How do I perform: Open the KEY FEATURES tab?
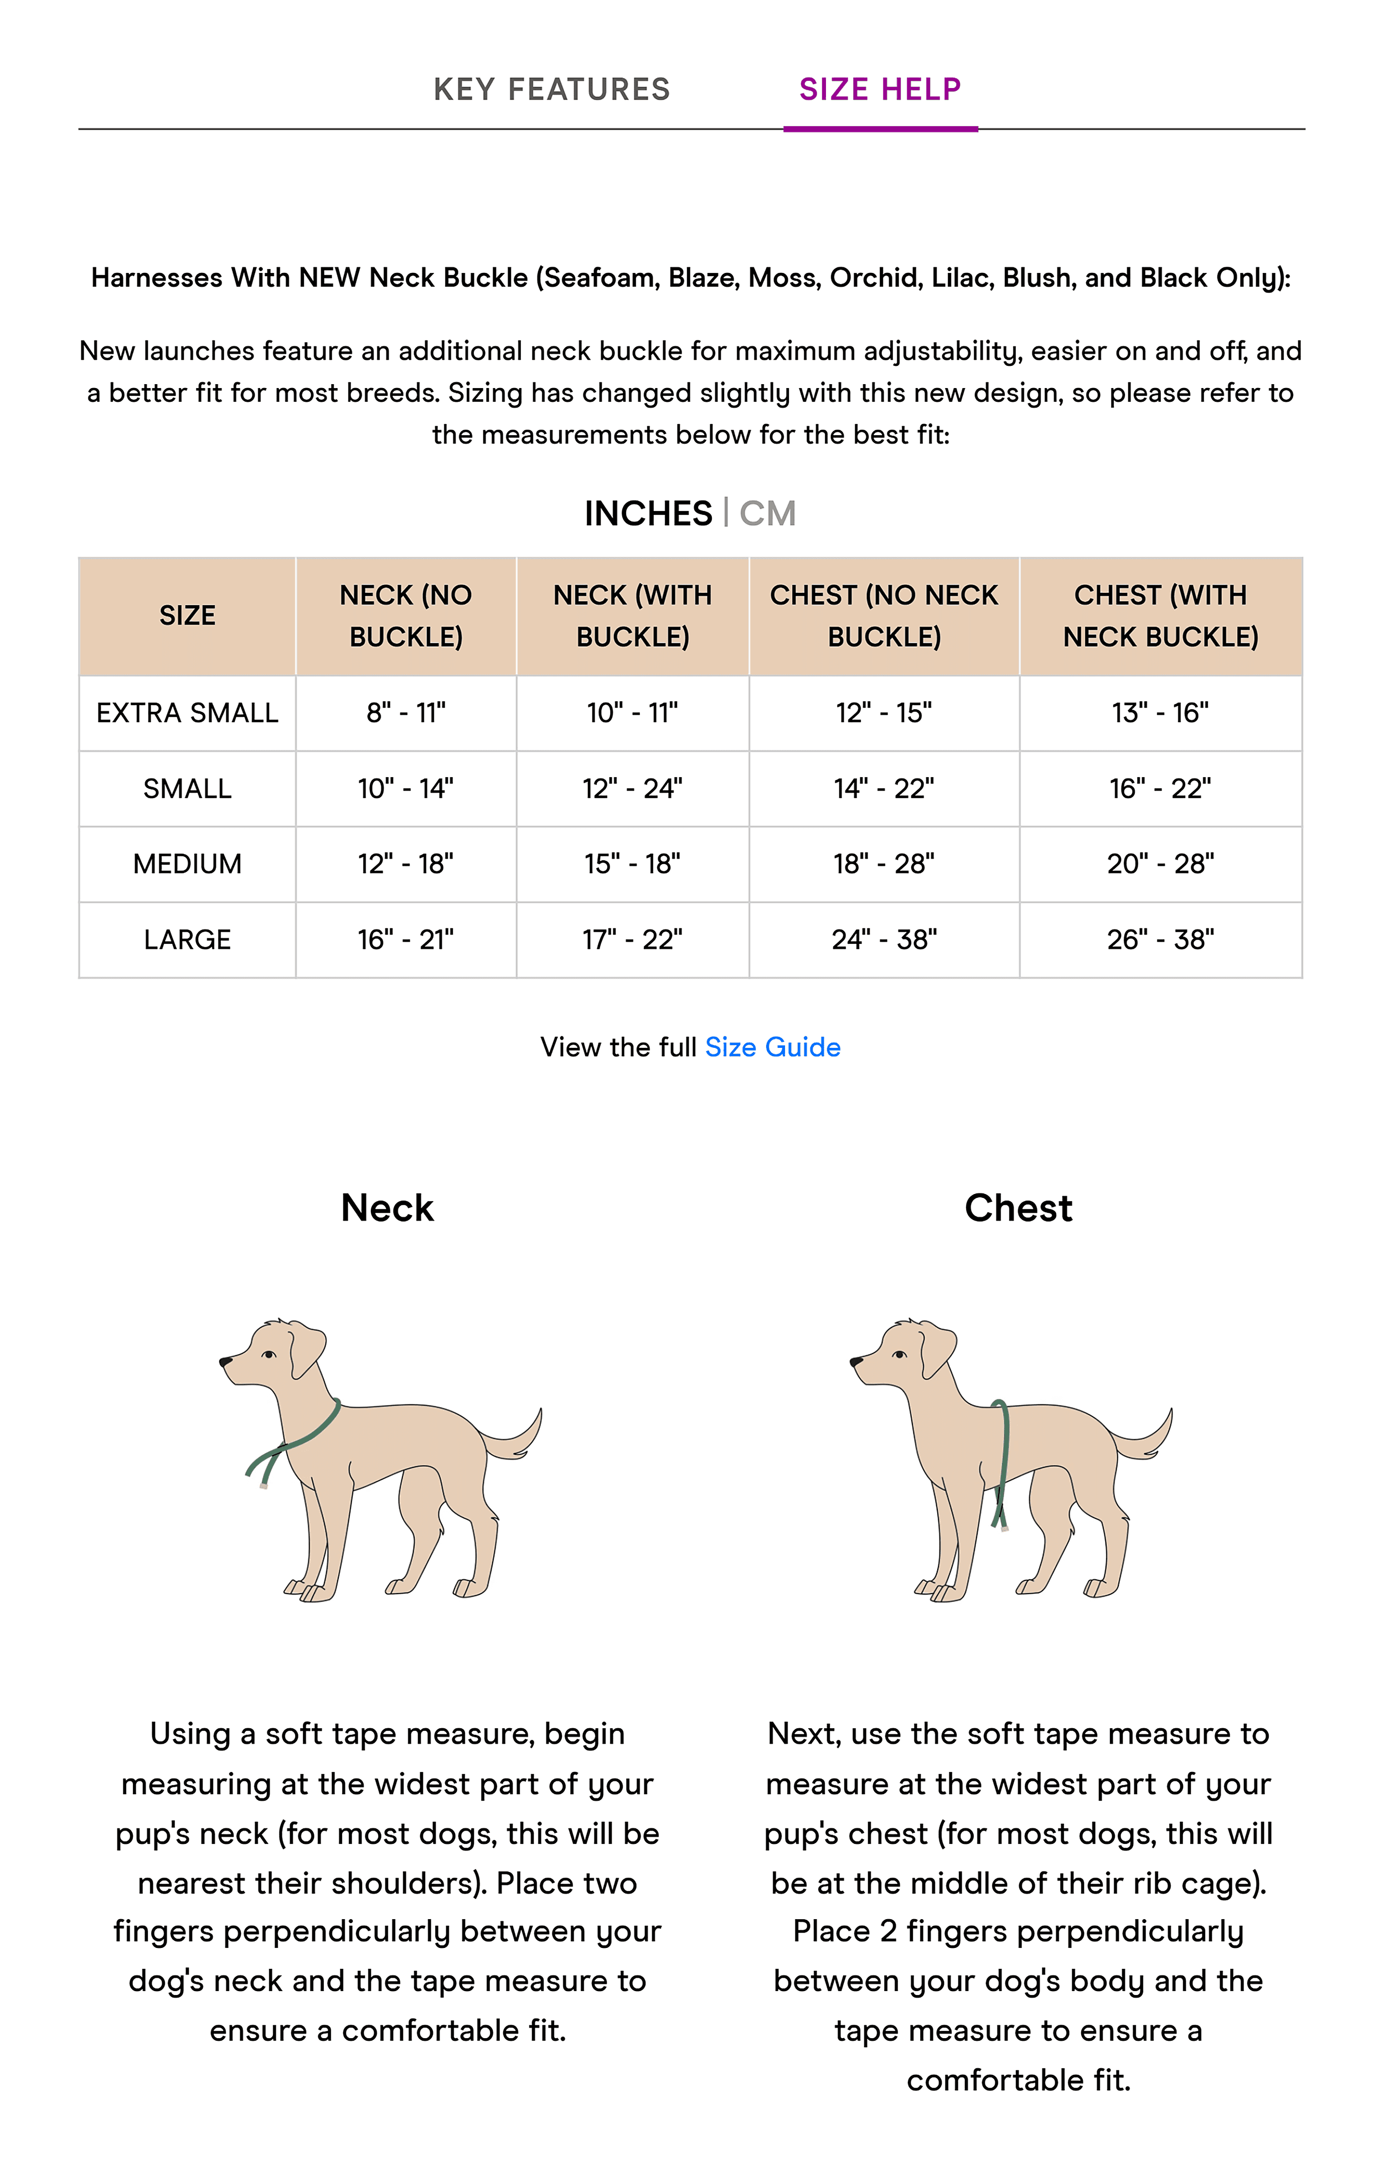tap(551, 90)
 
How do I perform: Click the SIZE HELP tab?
tap(880, 90)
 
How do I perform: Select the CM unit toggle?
tap(767, 513)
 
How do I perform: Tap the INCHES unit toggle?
tap(648, 513)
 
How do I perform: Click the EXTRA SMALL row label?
tap(187, 713)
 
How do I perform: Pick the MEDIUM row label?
tap(187, 864)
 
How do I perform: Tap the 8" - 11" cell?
tap(406, 713)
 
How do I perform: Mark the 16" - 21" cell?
tap(406, 940)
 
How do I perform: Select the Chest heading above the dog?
tap(1018, 1208)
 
